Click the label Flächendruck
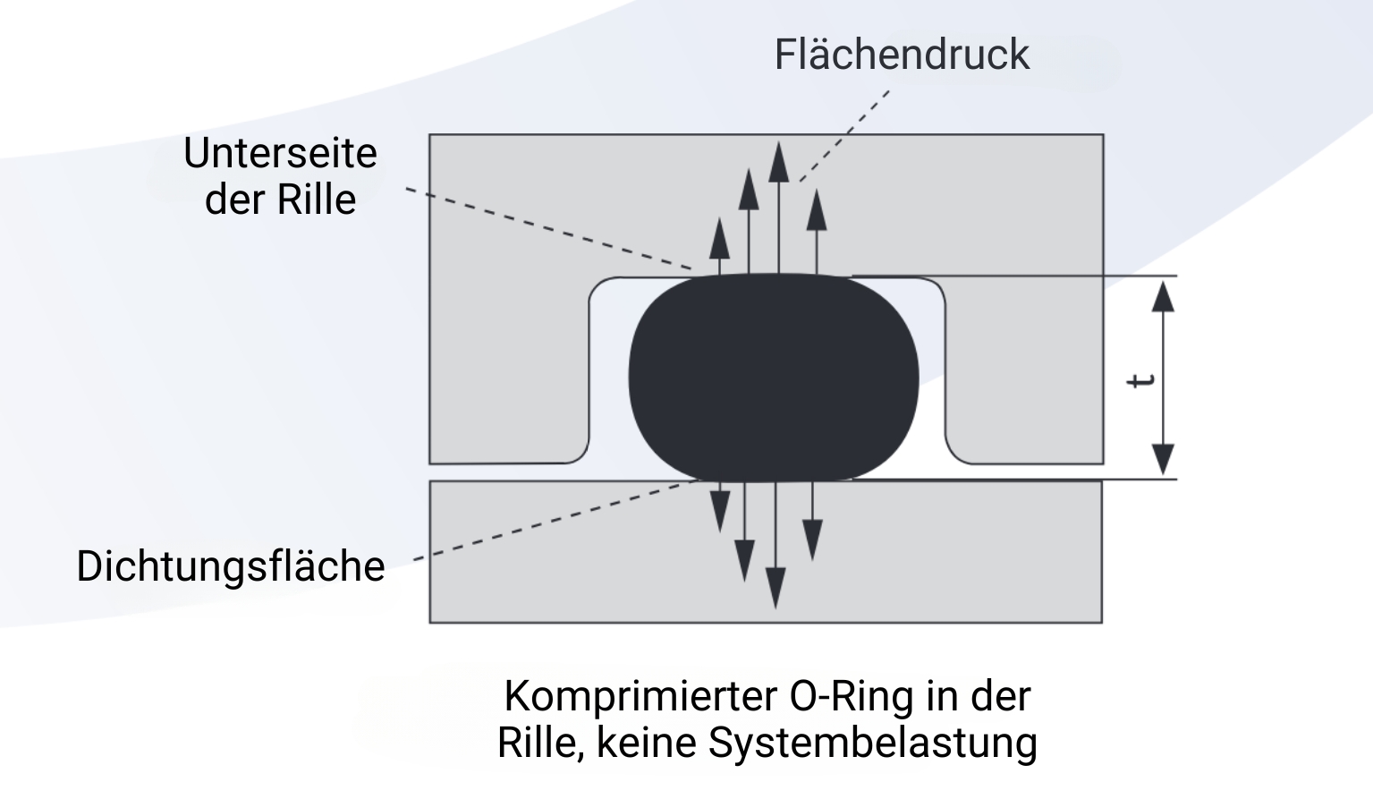902,55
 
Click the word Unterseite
280,153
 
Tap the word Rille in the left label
317,200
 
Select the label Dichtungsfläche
231,566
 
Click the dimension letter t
1140,381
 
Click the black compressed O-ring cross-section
774,377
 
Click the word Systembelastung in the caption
873,743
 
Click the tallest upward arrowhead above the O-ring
778,162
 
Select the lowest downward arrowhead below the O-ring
775,588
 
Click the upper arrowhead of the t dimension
1163,297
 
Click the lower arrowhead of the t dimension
1163,459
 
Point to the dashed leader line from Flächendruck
844,136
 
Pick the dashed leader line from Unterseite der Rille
549,229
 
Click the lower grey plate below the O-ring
766,552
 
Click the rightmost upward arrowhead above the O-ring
817,210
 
